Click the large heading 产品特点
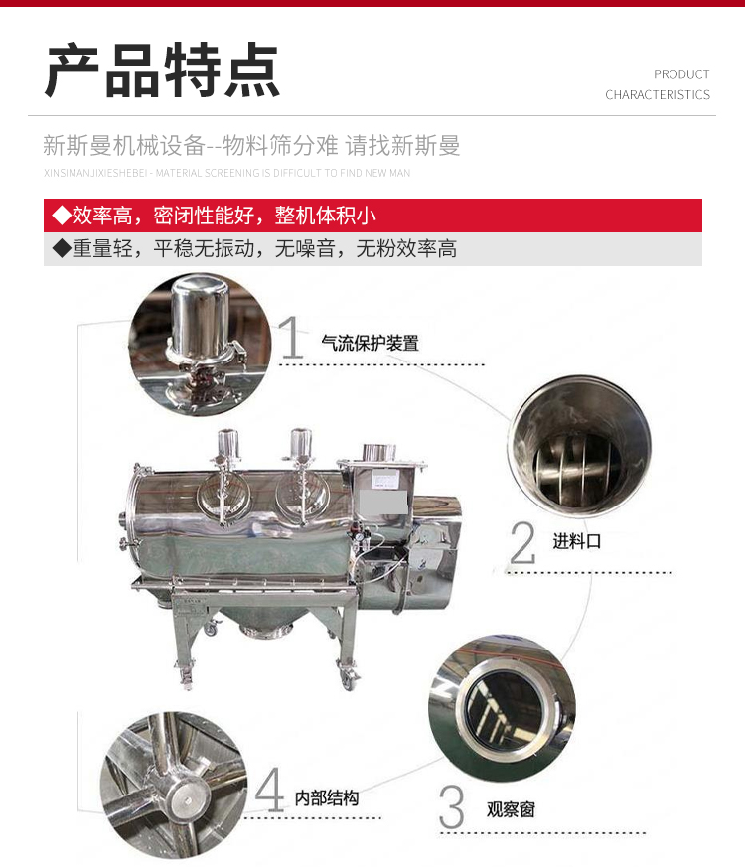162,71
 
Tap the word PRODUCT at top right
681,74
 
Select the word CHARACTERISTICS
658,95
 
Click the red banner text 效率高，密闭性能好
164,216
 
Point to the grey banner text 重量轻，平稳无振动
164,249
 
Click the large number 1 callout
291,338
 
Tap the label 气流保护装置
370,344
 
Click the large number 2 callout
522,542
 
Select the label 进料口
576,541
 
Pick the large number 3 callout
452,806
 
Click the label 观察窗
511,810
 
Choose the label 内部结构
327,797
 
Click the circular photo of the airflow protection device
200,344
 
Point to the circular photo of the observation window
503,708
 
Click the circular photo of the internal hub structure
174,785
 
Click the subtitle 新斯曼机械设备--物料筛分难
191,146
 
